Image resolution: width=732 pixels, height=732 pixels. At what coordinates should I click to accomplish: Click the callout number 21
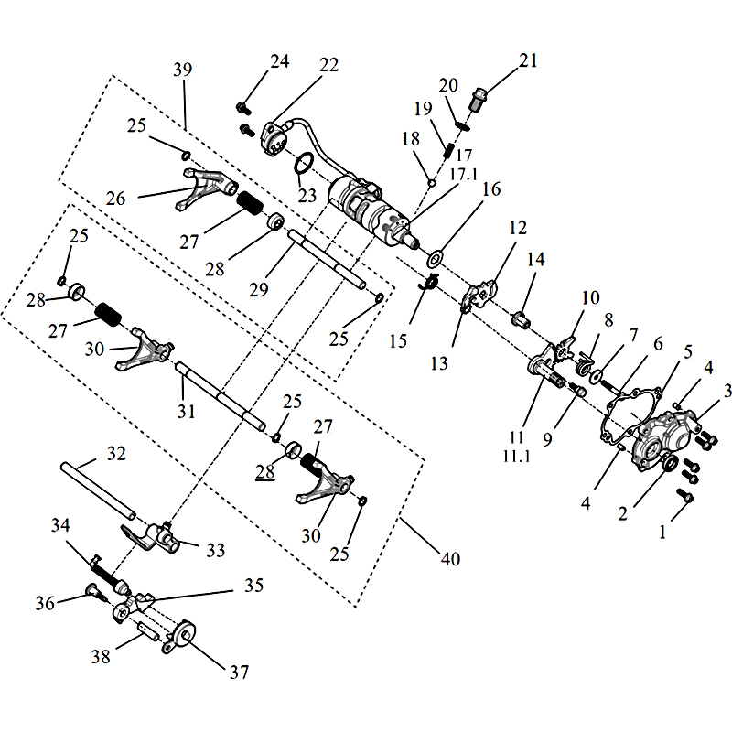click(529, 61)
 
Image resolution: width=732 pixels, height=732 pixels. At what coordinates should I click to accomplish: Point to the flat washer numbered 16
click(436, 257)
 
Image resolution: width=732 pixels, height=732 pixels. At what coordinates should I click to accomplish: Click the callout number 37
click(239, 673)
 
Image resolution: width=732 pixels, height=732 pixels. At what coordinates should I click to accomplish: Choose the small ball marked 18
click(429, 182)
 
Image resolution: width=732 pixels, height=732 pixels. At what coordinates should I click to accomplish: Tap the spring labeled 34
click(104, 576)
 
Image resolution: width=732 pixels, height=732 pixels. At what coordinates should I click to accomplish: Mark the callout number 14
click(534, 260)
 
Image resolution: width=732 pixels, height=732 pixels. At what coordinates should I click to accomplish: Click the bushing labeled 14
click(522, 320)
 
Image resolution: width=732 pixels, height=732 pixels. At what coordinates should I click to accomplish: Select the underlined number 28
click(265, 470)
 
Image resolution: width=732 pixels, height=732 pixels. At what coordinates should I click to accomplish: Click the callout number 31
click(187, 412)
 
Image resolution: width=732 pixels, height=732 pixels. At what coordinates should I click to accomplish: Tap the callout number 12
click(519, 227)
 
